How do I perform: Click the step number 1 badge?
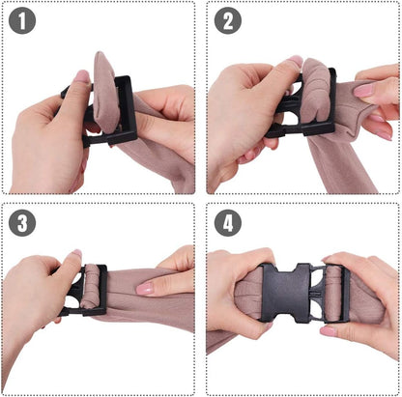pyautogui.click(x=22, y=20)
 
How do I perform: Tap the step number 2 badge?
pyautogui.click(x=228, y=20)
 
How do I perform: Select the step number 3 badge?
pyautogui.click(x=22, y=223)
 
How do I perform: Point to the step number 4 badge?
pyautogui.click(x=228, y=223)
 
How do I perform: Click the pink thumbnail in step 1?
pyautogui.click(x=82, y=76)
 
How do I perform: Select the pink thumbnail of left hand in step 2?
pyautogui.click(x=295, y=61)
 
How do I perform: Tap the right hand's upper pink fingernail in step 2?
pyautogui.click(x=363, y=91)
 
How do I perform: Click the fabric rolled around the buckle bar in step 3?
pyautogui.click(x=90, y=287)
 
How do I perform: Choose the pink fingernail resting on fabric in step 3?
pyautogui.click(x=145, y=289)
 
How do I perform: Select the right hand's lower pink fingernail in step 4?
pyautogui.click(x=329, y=331)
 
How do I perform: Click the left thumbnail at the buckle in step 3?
pyautogui.click(x=76, y=254)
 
